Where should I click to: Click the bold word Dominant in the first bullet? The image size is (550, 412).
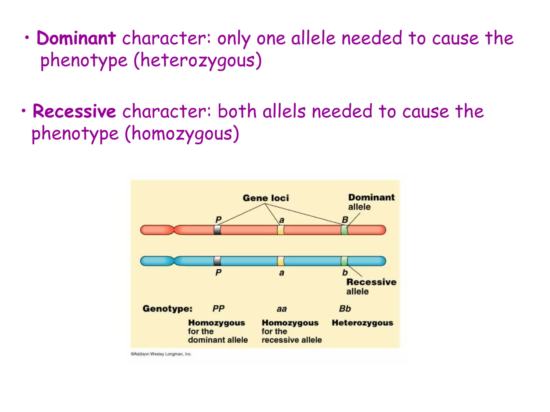pos(76,38)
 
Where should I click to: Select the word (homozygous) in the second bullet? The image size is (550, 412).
pos(182,134)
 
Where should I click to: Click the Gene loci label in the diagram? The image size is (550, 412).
pos(266,198)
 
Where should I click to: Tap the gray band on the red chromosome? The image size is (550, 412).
pos(217,230)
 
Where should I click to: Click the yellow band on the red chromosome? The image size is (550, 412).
pos(281,230)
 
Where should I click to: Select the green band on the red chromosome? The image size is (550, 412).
pos(344,230)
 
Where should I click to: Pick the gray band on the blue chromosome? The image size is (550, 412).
pos(217,261)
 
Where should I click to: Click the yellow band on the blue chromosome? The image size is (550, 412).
pos(281,261)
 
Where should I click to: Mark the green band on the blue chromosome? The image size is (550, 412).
pos(344,261)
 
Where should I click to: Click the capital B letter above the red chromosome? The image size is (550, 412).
pos(345,220)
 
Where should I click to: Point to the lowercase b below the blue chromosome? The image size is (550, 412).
pos(345,273)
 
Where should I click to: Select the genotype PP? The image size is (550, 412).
pos(218,308)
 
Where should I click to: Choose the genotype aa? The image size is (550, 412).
pos(282,309)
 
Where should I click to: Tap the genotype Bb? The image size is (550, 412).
pos(345,308)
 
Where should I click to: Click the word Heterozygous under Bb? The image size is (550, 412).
pos(362,323)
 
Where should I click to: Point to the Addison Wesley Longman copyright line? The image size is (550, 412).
pos(161,354)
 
